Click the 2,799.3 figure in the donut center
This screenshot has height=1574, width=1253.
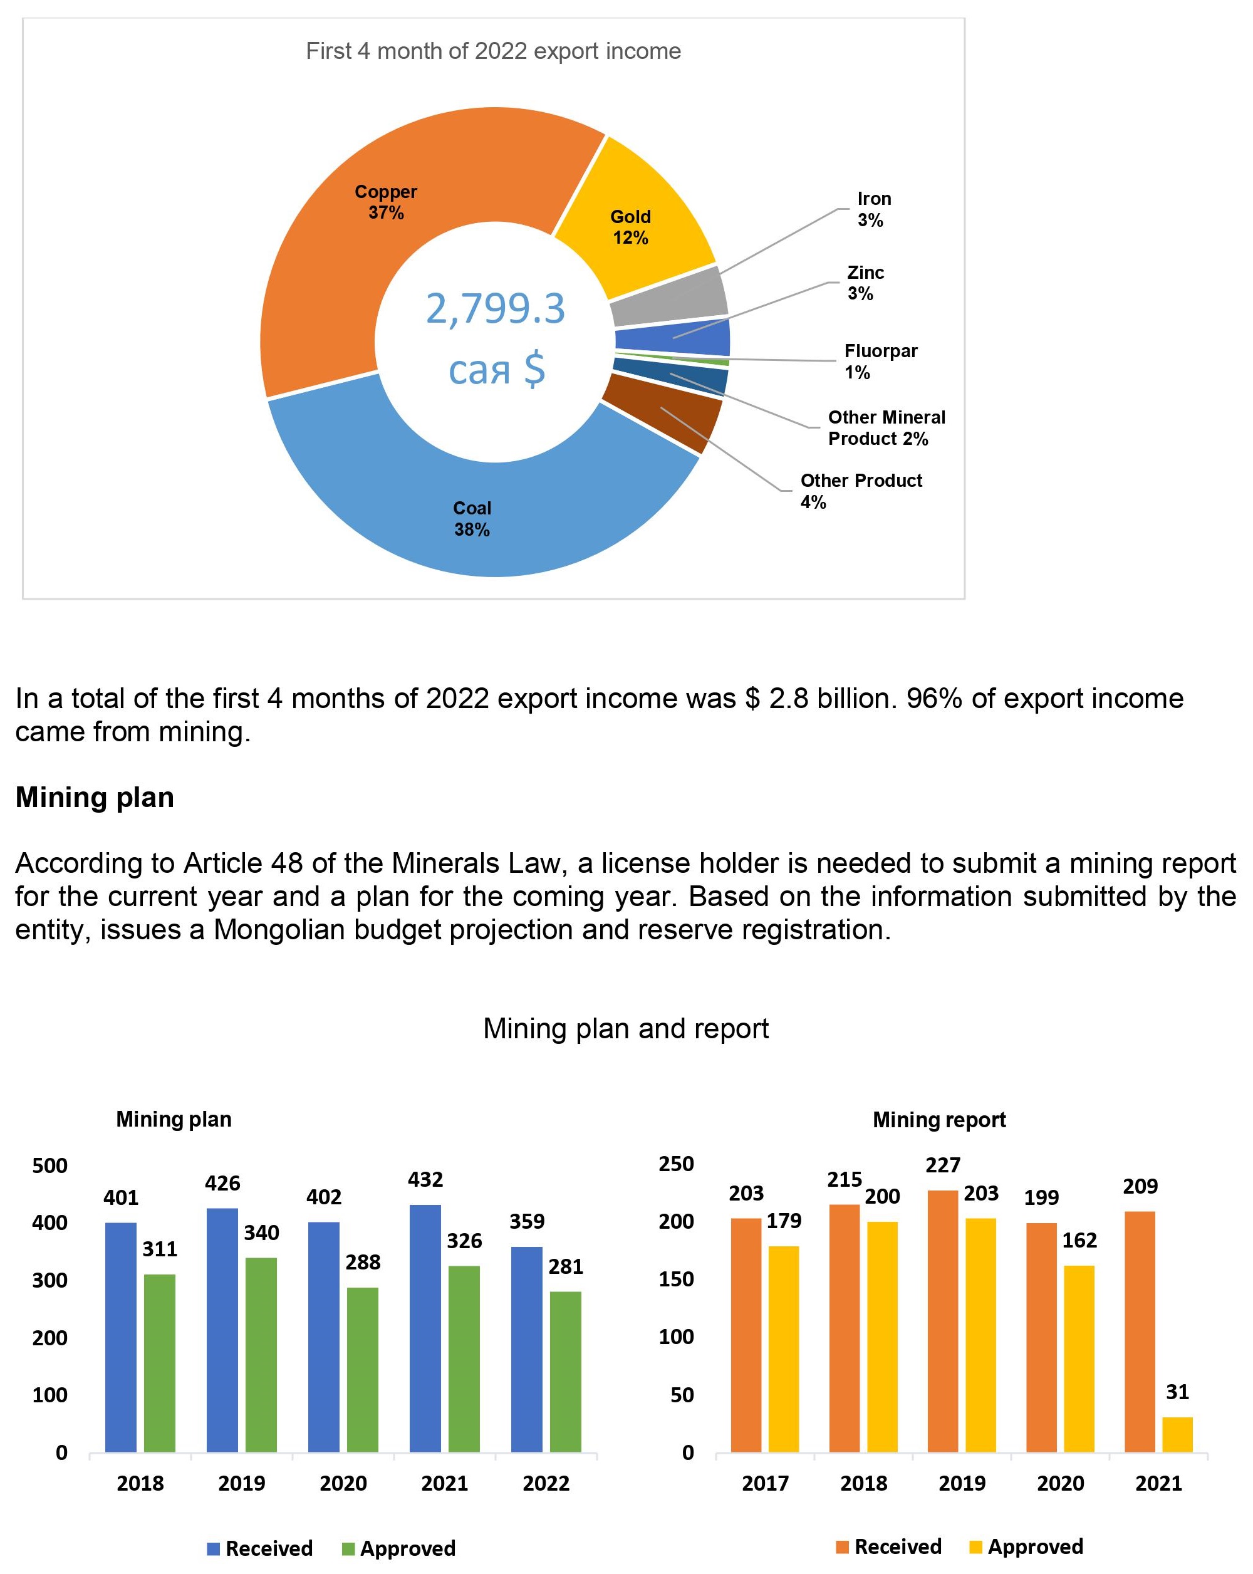click(x=495, y=308)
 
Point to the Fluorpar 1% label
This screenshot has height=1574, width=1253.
click(x=880, y=362)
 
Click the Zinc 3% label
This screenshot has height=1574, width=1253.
click(x=865, y=283)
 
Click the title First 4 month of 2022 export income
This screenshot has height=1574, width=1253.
click(x=492, y=51)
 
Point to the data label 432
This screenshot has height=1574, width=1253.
click(x=425, y=1179)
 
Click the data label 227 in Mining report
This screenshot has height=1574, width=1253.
click(x=942, y=1165)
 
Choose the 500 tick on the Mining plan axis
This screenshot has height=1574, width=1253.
click(x=49, y=1165)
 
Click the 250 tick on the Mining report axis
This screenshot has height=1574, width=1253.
click(x=676, y=1164)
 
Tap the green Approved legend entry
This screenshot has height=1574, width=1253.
click(x=398, y=1548)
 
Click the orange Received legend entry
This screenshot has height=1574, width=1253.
click(x=888, y=1546)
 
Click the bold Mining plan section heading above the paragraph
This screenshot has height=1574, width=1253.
click(x=95, y=797)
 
